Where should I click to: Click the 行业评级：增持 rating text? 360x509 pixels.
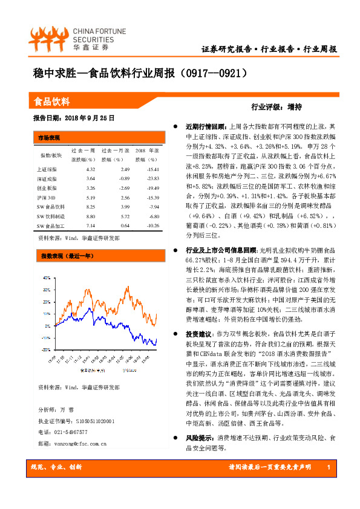(x=277, y=106)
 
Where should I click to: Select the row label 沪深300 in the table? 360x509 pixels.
(x=46, y=198)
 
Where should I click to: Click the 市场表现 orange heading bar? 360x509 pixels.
(x=50, y=137)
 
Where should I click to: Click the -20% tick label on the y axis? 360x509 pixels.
(x=46, y=349)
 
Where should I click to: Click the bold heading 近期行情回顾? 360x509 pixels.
(x=204, y=127)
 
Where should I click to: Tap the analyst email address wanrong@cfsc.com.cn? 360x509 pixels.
(x=73, y=443)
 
